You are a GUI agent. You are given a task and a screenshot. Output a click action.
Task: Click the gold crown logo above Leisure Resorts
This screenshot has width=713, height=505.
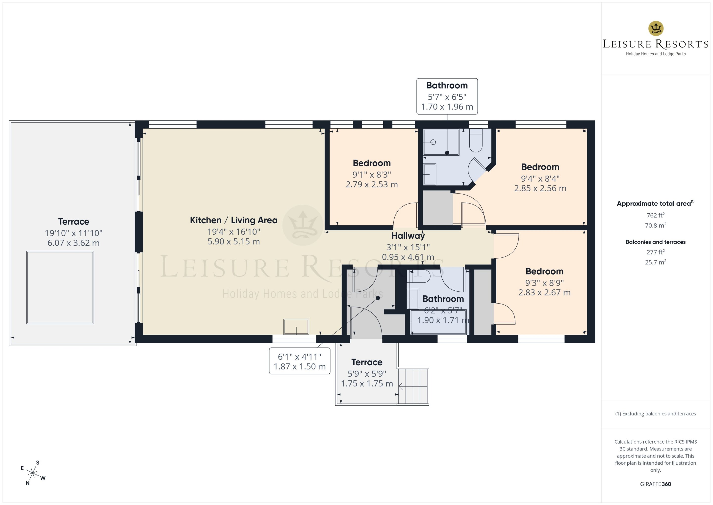click(656, 28)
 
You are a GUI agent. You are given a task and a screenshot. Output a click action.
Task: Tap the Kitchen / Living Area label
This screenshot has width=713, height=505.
click(234, 220)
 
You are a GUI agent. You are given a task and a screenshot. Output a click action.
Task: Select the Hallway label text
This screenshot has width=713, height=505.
click(408, 236)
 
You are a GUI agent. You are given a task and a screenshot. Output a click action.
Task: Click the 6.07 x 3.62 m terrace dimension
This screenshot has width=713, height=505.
click(74, 243)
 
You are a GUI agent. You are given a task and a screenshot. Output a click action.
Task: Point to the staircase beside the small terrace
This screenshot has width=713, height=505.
click(413, 386)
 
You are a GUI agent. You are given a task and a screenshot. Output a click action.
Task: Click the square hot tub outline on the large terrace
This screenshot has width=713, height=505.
click(60, 288)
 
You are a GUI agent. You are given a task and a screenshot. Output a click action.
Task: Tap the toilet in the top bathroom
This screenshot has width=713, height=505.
click(475, 140)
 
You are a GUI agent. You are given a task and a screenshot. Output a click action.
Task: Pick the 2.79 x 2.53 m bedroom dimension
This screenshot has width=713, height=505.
click(372, 184)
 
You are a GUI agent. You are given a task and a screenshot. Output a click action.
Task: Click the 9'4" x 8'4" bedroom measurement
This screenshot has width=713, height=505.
click(540, 178)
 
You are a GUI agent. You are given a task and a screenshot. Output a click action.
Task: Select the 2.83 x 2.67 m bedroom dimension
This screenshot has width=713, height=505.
click(544, 292)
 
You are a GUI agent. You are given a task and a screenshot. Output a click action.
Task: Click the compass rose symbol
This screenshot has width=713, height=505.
click(32, 473)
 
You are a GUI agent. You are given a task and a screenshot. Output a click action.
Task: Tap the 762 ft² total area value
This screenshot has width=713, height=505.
click(656, 215)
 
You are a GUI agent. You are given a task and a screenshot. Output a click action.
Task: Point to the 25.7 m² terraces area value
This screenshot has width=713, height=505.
click(656, 262)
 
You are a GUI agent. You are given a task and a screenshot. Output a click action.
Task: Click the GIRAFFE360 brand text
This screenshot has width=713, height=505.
click(656, 484)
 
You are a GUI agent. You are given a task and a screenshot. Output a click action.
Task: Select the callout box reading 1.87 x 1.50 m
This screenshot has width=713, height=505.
click(300, 361)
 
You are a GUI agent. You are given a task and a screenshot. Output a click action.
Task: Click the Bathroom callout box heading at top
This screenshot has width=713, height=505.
click(447, 85)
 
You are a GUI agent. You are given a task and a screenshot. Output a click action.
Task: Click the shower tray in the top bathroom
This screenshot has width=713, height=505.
click(441, 142)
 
